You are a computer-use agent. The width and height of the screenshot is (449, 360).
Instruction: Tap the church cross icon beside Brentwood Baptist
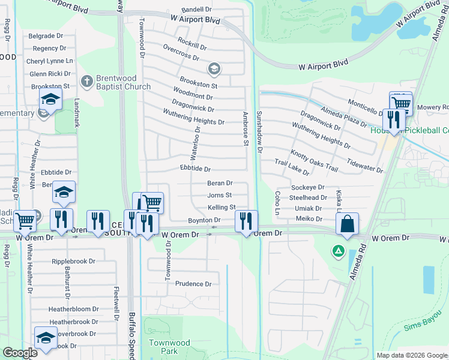point(87,80)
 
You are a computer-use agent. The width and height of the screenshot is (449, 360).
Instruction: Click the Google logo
point(19,353)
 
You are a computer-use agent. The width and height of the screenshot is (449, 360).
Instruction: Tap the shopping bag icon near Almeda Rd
point(348,224)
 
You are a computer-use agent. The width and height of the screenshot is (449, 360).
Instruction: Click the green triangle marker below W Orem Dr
point(339,250)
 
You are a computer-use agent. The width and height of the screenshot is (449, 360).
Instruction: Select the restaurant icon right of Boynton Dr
point(246,221)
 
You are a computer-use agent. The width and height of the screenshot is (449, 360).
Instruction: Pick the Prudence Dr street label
point(193,284)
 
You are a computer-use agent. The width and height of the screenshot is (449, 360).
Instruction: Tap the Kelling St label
point(221,208)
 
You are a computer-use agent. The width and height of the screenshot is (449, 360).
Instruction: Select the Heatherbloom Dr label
point(74,309)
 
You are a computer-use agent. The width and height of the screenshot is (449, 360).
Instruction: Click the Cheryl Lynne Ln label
point(49,61)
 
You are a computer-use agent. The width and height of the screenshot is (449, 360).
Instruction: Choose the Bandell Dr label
point(197,10)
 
